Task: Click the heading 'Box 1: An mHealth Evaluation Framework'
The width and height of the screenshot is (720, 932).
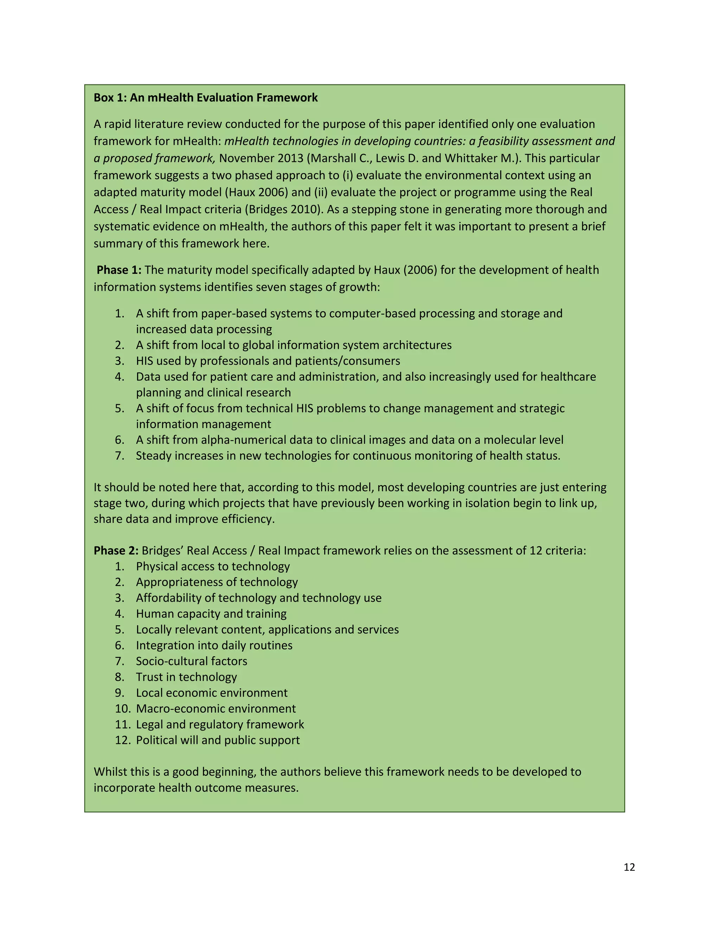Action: click(206, 98)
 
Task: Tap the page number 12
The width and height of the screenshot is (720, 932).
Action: click(629, 867)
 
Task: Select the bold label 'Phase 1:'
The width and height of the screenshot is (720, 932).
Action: click(119, 270)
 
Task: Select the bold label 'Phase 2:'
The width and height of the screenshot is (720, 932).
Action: click(116, 550)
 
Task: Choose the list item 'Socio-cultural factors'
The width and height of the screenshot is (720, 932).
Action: click(192, 661)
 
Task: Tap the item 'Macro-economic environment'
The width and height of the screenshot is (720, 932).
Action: click(216, 708)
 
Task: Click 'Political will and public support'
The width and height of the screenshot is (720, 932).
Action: click(218, 740)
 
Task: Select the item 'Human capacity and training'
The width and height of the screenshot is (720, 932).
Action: click(211, 614)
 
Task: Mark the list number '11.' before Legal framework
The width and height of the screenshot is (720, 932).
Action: click(122, 724)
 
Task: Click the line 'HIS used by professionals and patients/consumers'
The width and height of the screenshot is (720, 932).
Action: click(268, 361)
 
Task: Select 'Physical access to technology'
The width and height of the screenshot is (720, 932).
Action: click(213, 566)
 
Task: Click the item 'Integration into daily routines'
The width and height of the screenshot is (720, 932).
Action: click(214, 645)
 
